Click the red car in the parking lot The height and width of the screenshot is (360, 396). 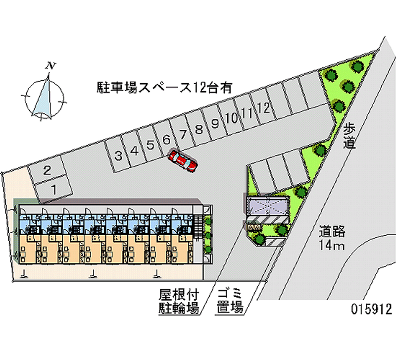(183, 161)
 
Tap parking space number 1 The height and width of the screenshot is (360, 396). (53, 189)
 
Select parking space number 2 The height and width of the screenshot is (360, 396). (47, 170)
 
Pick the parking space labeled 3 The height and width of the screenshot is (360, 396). (118, 155)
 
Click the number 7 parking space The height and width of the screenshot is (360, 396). (182, 134)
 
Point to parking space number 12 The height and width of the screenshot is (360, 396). (263, 108)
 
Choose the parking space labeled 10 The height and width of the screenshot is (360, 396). (231, 118)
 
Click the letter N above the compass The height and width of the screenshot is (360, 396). (50, 66)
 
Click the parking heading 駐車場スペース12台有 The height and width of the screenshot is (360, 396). (164, 88)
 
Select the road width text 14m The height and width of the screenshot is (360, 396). (331, 245)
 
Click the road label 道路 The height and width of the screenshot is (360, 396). (332, 231)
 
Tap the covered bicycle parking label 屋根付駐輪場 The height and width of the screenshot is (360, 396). (179, 301)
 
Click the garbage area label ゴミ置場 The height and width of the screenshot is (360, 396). (230, 301)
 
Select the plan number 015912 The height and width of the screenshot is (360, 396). (371, 309)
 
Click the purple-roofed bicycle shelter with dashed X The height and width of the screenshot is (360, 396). (268, 206)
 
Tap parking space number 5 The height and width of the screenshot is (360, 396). (150, 145)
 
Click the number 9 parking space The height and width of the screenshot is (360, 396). (215, 123)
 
